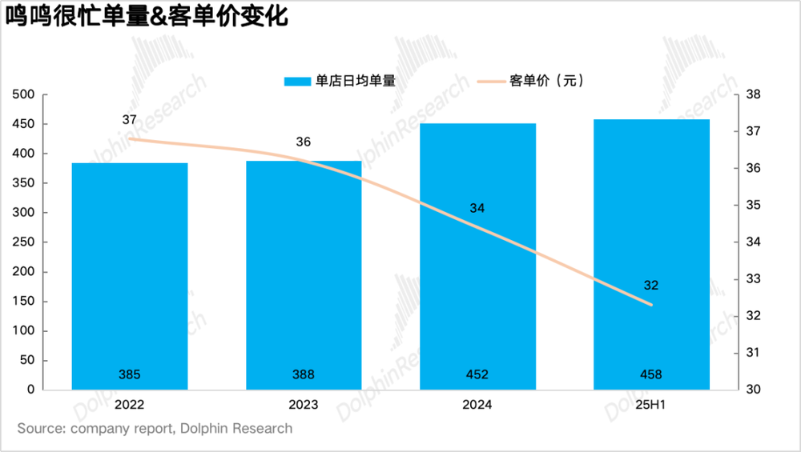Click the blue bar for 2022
pos(130,276)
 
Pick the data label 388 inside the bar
pos(304,374)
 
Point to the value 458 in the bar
pos(651,374)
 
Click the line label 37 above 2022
pos(130,120)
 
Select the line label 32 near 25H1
pos(650,286)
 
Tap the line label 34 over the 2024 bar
pos(477,209)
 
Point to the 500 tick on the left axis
pos(25,94)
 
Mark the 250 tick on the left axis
pos(25,242)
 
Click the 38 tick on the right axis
pos(755,94)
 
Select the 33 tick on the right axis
pos(755,279)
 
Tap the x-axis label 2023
pos(304,405)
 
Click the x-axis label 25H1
pos(651,405)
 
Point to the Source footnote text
pos(155,429)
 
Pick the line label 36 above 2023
pos(304,142)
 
